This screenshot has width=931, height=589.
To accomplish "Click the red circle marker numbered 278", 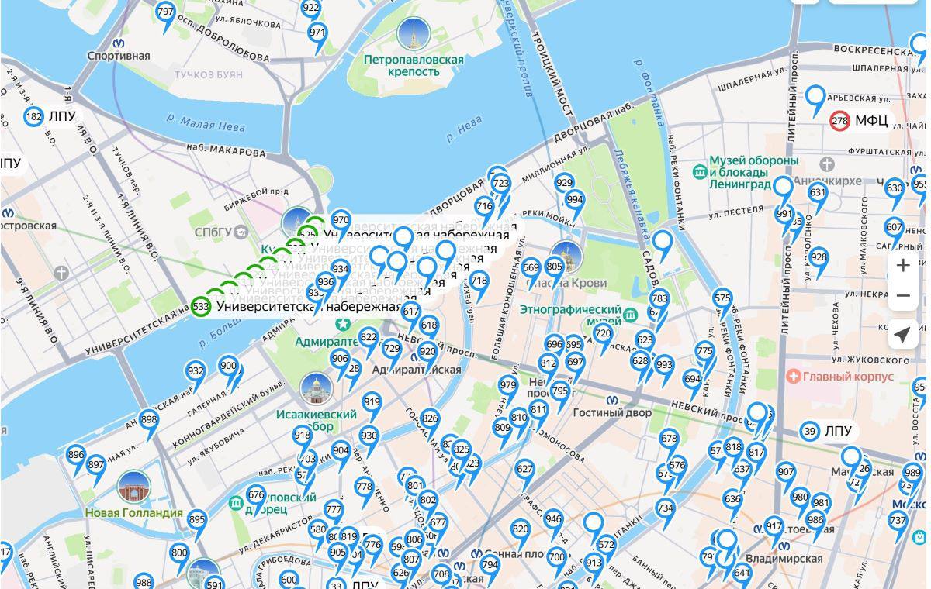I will [839, 121].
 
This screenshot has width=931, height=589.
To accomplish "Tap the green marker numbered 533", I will [201, 306].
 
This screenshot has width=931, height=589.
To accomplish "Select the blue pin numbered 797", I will [165, 13].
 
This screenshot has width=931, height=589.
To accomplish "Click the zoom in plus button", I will [903, 266].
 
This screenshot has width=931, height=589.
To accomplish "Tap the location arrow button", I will [903, 335].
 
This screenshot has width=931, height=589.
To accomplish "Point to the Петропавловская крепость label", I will [414, 65].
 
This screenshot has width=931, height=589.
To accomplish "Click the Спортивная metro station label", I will [118, 56].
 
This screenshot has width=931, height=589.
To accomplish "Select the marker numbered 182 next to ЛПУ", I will [33, 117].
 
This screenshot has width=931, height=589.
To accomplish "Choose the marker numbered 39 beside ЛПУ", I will [810, 431].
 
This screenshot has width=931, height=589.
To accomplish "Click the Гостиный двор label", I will [612, 412].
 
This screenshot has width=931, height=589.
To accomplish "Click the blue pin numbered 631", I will [818, 193].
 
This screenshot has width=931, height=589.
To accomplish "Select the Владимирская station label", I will [784, 558].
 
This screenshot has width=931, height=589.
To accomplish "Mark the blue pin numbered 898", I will [149, 421].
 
